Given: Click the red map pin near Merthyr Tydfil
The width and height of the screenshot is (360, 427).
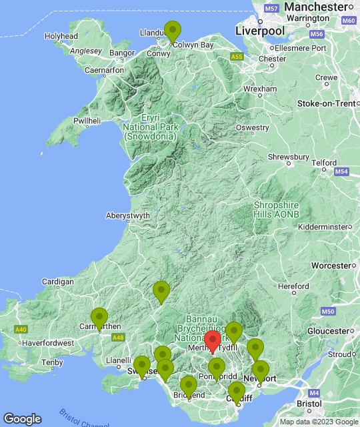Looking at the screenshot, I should (x=212, y=341).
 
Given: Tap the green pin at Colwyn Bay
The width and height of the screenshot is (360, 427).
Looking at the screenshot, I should (x=173, y=32).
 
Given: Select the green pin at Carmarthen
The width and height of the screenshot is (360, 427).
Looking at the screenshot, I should (x=99, y=318).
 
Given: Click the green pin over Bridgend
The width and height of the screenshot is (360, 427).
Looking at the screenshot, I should (x=189, y=386).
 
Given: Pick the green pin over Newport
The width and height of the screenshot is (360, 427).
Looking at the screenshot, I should (x=260, y=371).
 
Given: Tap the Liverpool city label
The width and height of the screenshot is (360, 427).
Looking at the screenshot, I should (x=259, y=31).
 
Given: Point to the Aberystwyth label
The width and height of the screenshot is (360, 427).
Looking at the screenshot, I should (x=128, y=216).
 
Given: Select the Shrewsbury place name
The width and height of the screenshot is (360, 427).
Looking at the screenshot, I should (x=289, y=157).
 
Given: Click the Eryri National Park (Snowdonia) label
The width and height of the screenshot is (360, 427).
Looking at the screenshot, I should (x=149, y=126).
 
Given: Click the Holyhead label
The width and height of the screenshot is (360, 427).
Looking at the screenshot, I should (x=61, y=36).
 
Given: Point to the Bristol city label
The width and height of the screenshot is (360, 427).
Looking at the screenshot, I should (x=309, y=404).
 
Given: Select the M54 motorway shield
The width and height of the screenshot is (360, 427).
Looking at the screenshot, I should (x=342, y=172).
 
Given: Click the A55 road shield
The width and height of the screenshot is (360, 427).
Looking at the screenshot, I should (x=237, y=58).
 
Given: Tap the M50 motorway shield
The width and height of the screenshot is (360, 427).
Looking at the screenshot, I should (x=327, y=312).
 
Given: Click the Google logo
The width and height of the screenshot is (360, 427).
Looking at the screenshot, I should (x=22, y=418).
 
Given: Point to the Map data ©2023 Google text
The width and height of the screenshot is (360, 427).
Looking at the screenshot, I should (x=318, y=422).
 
